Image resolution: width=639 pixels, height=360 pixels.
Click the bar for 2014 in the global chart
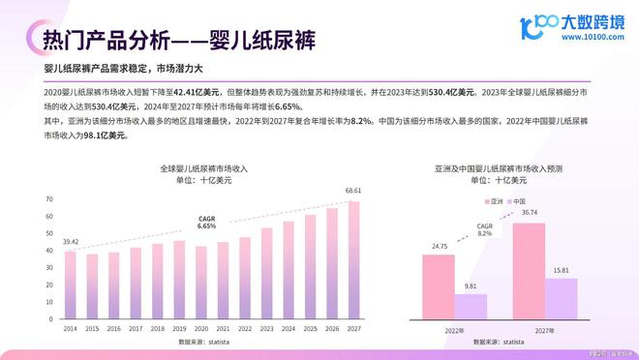coord(70,286)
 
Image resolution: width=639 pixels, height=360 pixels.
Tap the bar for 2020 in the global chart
coord(200,284)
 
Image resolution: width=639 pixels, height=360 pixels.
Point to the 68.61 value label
coord(353,191)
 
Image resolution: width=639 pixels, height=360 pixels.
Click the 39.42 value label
coord(70,242)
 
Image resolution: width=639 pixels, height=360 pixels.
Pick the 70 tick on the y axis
coord(48,199)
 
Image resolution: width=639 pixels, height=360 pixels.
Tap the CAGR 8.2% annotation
coord(485,229)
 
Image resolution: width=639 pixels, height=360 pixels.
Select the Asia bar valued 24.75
coord(438,287)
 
